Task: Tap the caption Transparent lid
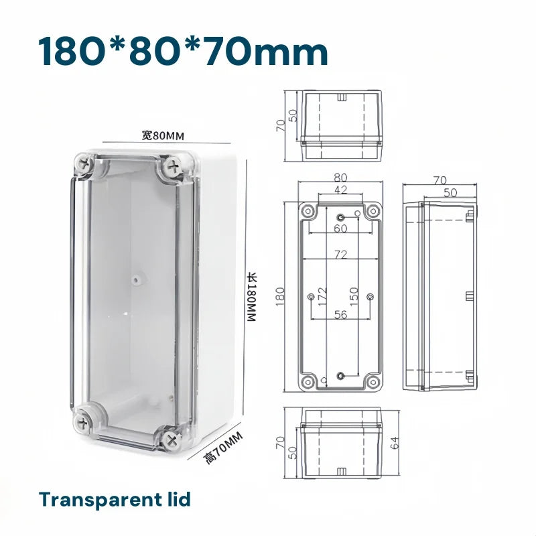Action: pyautogui.click(x=115, y=499)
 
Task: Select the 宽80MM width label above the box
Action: pyautogui.click(x=162, y=136)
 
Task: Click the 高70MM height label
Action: pyautogui.click(x=222, y=448)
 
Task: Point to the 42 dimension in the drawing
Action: pyautogui.click(x=340, y=190)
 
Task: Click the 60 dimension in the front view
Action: pyautogui.click(x=340, y=228)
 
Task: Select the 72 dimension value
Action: pyautogui.click(x=340, y=255)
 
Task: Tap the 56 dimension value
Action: pyautogui.click(x=340, y=314)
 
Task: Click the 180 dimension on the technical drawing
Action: pyautogui.click(x=280, y=294)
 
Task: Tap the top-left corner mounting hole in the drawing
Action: pyautogui.click(x=308, y=211)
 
